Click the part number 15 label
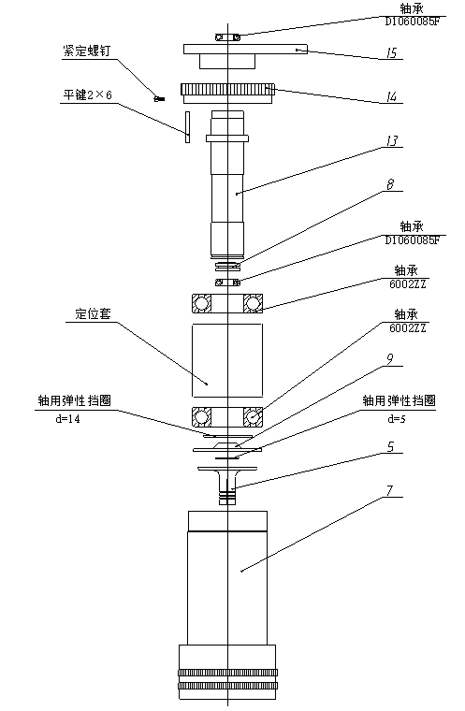(391, 52)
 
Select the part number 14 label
(391, 96)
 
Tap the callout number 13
(391, 141)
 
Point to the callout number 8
(390, 184)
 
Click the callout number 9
(390, 358)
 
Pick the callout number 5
(390, 447)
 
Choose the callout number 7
(390, 490)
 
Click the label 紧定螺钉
(86, 51)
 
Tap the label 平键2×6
(87, 94)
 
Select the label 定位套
(93, 313)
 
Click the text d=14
(67, 419)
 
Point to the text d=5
(397, 419)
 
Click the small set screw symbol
(159, 98)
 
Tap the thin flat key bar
(187, 127)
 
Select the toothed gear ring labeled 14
(227, 90)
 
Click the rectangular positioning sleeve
(227, 360)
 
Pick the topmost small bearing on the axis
(227, 37)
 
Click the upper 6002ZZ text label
(407, 284)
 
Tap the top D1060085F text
(413, 21)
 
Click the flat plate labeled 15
(245, 49)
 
